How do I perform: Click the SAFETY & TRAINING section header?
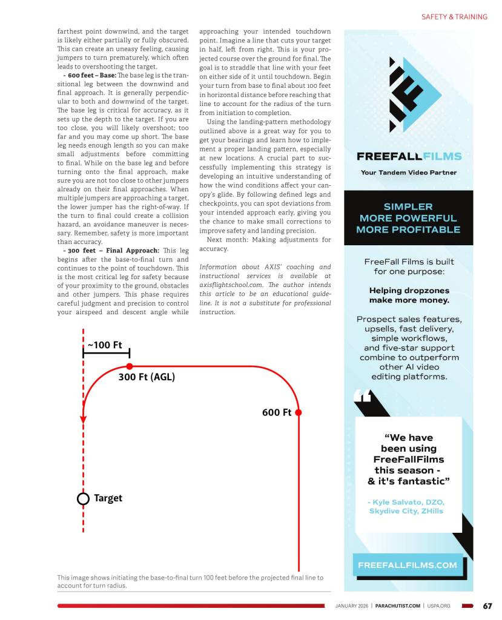pyautogui.click(x=454, y=17)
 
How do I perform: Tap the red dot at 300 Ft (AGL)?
pyautogui.click(x=130, y=366)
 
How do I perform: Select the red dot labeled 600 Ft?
pyautogui.click(x=299, y=412)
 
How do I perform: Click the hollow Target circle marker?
pyautogui.click(x=83, y=498)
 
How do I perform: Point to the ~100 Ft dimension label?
pyautogui.click(x=105, y=345)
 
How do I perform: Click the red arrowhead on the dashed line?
pyautogui.click(x=84, y=419)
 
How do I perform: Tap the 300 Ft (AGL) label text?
pyautogui.click(x=147, y=377)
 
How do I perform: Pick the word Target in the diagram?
pyautogui.click(x=108, y=498)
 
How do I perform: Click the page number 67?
pyautogui.click(x=487, y=605)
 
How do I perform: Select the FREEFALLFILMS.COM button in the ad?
pyautogui.click(x=408, y=565)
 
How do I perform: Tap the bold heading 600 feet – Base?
pyautogui.click(x=91, y=75)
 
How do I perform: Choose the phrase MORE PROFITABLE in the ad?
pyautogui.click(x=408, y=229)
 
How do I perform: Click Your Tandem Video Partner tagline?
pyautogui.click(x=409, y=173)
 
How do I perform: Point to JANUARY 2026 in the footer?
pyautogui.click(x=352, y=605)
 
